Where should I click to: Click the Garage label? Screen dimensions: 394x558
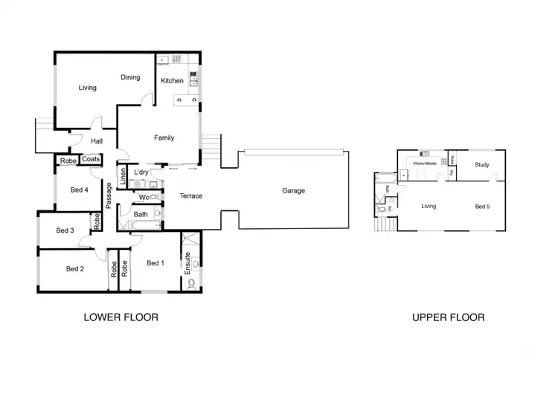293,191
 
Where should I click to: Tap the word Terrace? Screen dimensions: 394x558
190,196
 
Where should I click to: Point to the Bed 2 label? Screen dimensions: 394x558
75,269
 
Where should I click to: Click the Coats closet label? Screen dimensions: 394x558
91,159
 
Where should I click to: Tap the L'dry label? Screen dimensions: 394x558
141,172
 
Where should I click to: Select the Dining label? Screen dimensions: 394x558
130,77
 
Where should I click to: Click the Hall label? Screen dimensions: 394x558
97,141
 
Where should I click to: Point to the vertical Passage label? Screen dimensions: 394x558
109,195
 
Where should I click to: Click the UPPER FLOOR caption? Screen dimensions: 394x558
449,317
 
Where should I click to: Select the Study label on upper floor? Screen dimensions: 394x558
482,165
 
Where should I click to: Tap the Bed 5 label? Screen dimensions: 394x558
482,207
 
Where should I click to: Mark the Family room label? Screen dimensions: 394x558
164,138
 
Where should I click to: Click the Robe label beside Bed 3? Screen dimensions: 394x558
97,221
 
